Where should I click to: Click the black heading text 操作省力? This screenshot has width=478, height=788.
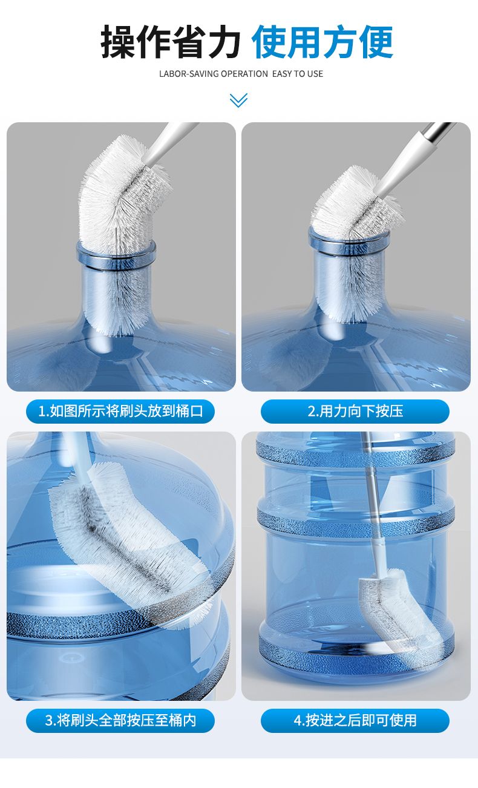pyautogui.click(x=171, y=42)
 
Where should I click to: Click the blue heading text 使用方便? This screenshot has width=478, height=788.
pyautogui.click(x=322, y=42)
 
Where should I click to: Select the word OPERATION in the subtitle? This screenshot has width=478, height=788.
pyautogui.click(x=244, y=74)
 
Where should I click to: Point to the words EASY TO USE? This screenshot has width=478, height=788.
pyautogui.click(x=298, y=74)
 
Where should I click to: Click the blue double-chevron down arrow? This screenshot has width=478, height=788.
pyautogui.click(x=238, y=100)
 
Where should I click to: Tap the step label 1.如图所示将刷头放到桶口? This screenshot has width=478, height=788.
pyautogui.click(x=120, y=411)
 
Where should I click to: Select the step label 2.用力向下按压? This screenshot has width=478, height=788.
pyautogui.click(x=355, y=411)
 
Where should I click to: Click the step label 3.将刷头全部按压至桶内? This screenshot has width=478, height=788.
pyautogui.click(x=120, y=720)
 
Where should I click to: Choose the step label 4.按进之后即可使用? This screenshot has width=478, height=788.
pyautogui.click(x=355, y=720)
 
